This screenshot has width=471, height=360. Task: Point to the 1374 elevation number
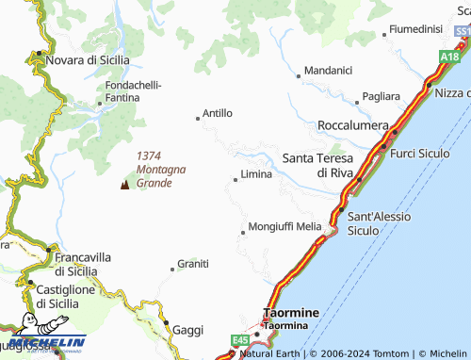[151, 156]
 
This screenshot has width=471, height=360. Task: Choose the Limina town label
[256, 174]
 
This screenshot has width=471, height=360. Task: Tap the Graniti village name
[193, 264]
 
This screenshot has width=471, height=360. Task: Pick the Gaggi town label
[188, 330]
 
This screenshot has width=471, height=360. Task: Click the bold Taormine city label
[291, 312]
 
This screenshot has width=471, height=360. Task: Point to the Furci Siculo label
[420, 153]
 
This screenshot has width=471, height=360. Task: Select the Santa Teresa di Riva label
[318, 165]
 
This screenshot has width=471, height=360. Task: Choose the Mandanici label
[328, 70]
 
